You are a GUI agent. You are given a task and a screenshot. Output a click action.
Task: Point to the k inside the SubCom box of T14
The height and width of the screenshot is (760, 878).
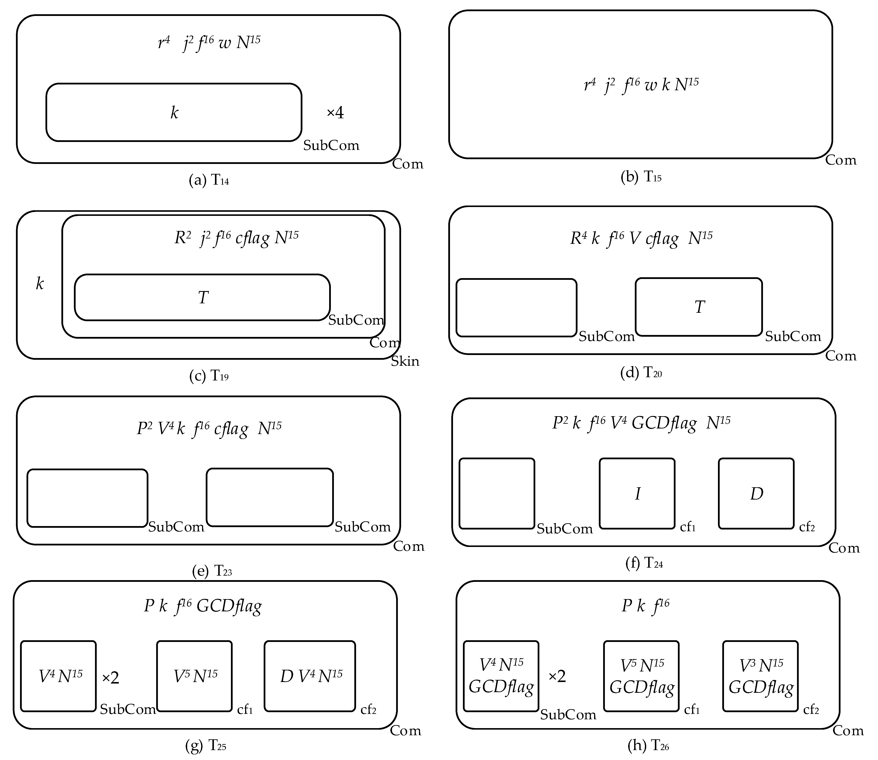(x=174, y=113)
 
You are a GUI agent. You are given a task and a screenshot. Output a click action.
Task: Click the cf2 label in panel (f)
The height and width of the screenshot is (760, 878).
(x=807, y=527)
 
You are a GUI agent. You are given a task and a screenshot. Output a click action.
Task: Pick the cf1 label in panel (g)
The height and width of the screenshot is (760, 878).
(x=245, y=710)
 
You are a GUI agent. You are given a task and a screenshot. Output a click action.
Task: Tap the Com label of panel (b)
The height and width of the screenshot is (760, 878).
(x=841, y=160)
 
